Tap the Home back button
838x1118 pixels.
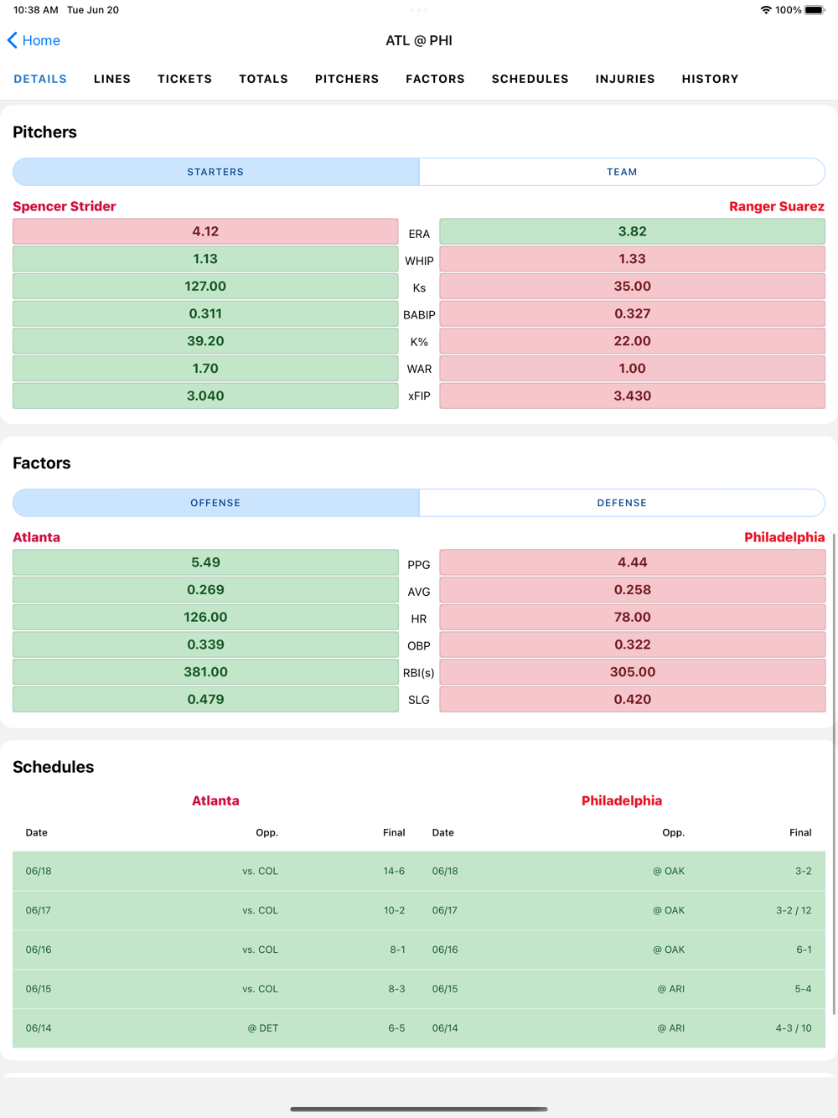click(x=34, y=40)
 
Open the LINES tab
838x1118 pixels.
click(x=112, y=79)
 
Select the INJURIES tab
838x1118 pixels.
click(x=625, y=79)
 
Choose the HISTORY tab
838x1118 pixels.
click(x=710, y=79)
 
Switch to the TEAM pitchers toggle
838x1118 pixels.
click(x=622, y=172)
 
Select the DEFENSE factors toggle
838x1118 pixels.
click(x=622, y=503)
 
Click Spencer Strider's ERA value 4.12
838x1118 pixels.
click(x=205, y=231)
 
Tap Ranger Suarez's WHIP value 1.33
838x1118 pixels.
click(x=632, y=259)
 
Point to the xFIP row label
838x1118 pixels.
click(x=419, y=396)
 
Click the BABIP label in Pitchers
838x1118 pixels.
click(x=419, y=315)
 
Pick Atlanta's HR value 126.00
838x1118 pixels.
click(x=205, y=618)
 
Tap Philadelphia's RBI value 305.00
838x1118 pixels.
click(x=632, y=672)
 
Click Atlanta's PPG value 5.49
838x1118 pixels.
click(x=205, y=562)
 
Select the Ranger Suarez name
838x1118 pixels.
click(x=776, y=206)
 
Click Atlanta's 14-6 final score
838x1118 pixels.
click(x=394, y=871)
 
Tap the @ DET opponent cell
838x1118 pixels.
click(x=262, y=1028)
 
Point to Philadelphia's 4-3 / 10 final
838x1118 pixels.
click(x=793, y=1028)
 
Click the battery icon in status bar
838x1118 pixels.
click(x=815, y=10)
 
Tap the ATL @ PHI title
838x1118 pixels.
click(x=419, y=40)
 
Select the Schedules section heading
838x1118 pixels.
click(x=54, y=767)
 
